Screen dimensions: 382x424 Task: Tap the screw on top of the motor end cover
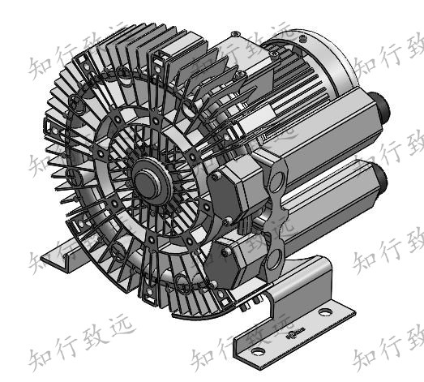pyautogui.click(x=234, y=33)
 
